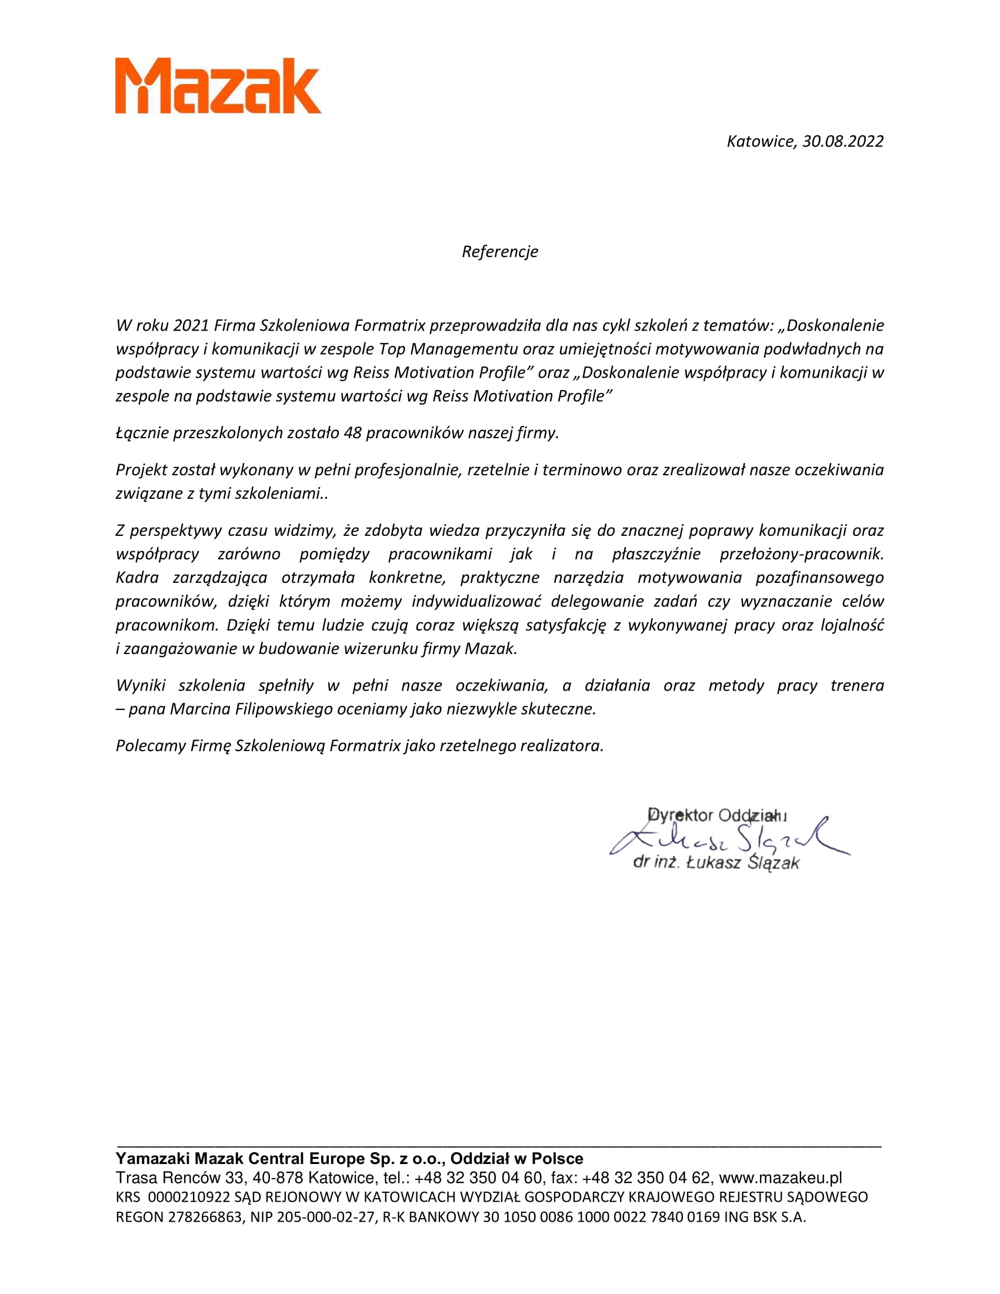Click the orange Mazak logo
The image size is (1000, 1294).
coord(218,86)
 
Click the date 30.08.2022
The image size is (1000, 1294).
coord(842,142)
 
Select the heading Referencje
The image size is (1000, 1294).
coord(499,252)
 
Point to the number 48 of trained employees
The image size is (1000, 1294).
coord(352,433)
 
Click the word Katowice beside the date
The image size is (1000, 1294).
coord(761,142)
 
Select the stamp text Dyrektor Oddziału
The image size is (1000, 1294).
coord(717,815)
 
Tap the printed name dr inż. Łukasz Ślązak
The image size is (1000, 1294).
coord(716,863)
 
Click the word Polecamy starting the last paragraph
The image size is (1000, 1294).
coord(151,746)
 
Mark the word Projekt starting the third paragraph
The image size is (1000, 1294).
coord(141,471)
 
